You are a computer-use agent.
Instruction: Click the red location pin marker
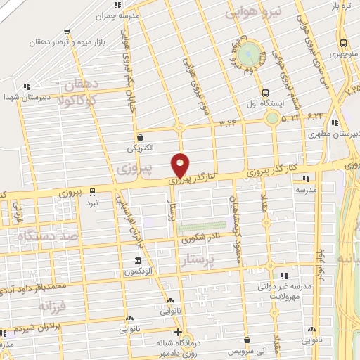tap(181, 165)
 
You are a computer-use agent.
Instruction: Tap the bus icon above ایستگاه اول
tap(265, 92)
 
